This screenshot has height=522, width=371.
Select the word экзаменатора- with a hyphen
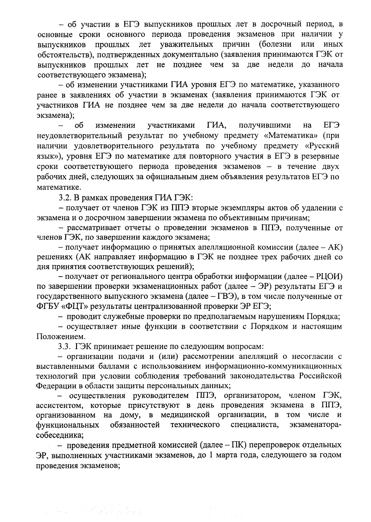pos(315,425)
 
